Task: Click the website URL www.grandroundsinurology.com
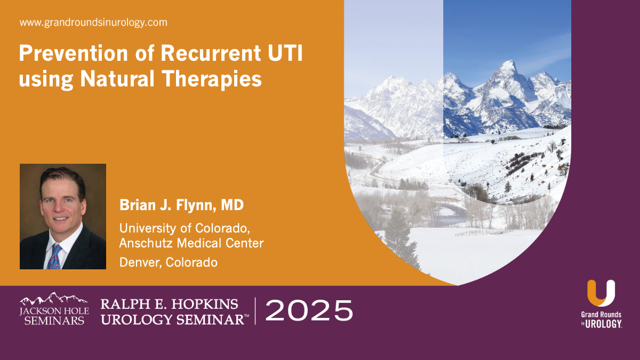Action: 93,22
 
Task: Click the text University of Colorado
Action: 184,228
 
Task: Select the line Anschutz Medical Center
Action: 191,243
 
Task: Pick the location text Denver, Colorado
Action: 168,262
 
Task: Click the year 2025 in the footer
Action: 309,310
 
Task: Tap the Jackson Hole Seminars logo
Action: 52,309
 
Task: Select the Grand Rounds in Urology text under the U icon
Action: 601,320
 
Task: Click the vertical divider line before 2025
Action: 255,310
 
